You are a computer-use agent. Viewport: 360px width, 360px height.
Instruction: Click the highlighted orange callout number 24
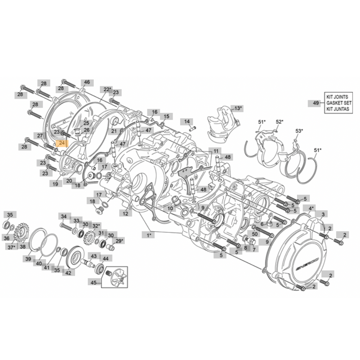coord(62,144)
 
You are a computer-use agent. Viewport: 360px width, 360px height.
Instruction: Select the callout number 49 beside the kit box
coord(316,103)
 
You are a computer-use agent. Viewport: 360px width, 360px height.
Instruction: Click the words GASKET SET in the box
coord(338,103)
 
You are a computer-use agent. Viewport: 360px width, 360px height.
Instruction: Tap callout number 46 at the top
coord(87,82)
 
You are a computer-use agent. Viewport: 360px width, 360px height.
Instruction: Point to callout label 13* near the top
coord(238,108)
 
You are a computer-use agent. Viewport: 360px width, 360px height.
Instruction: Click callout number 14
coord(187,121)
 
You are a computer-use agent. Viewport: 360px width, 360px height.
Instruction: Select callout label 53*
coord(300,131)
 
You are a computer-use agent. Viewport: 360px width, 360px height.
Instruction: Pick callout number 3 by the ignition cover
coord(322,214)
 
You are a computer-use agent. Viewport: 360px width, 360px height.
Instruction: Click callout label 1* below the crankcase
coord(149,235)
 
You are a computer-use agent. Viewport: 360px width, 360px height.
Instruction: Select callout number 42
coord(68,272)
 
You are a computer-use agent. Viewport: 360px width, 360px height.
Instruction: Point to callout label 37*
coord(12,247)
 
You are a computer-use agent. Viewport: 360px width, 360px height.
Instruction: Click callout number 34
coord(64,216)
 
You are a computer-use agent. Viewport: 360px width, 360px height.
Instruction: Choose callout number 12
coord(125,214)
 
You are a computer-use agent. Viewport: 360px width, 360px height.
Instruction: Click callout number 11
coord(217,151)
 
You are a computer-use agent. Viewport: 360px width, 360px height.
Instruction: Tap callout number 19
coord(55,183)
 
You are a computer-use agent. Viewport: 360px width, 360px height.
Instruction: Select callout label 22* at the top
coord(107,89)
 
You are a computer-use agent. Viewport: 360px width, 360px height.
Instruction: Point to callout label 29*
coord(119,241)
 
